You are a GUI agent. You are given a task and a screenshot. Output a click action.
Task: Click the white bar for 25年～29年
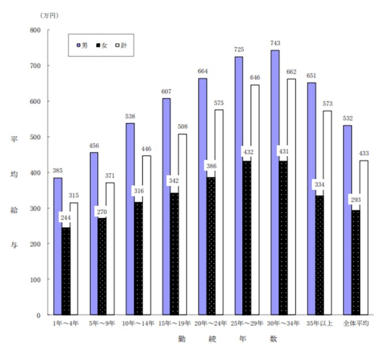tap(255, 200)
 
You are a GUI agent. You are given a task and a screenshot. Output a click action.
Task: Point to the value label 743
tap(275, 42)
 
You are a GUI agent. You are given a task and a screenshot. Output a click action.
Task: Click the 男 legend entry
tap(82, 45)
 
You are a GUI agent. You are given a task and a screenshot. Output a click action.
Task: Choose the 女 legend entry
tap(101, 45)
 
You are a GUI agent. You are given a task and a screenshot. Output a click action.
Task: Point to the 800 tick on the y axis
tap(36, 30)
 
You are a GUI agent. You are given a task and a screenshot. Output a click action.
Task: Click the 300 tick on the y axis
tap(36, 208)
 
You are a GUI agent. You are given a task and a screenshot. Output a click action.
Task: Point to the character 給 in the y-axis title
tap(14, 210)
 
